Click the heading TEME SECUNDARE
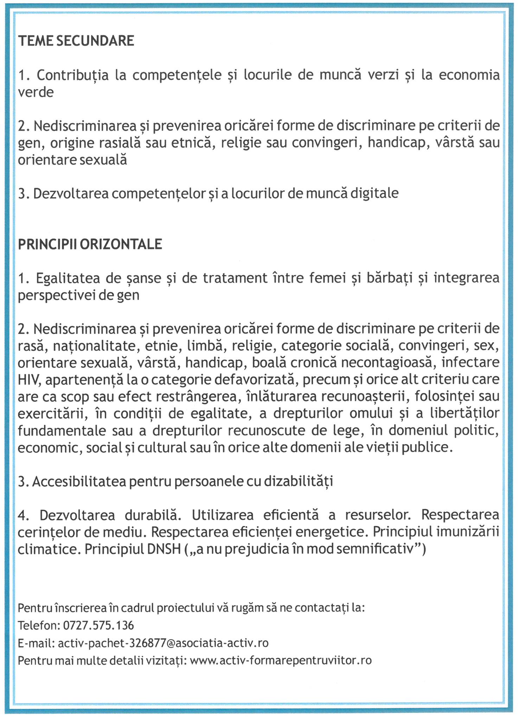point(76,41)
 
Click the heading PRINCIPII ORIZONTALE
point(90,244)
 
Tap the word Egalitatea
point(68,278)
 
